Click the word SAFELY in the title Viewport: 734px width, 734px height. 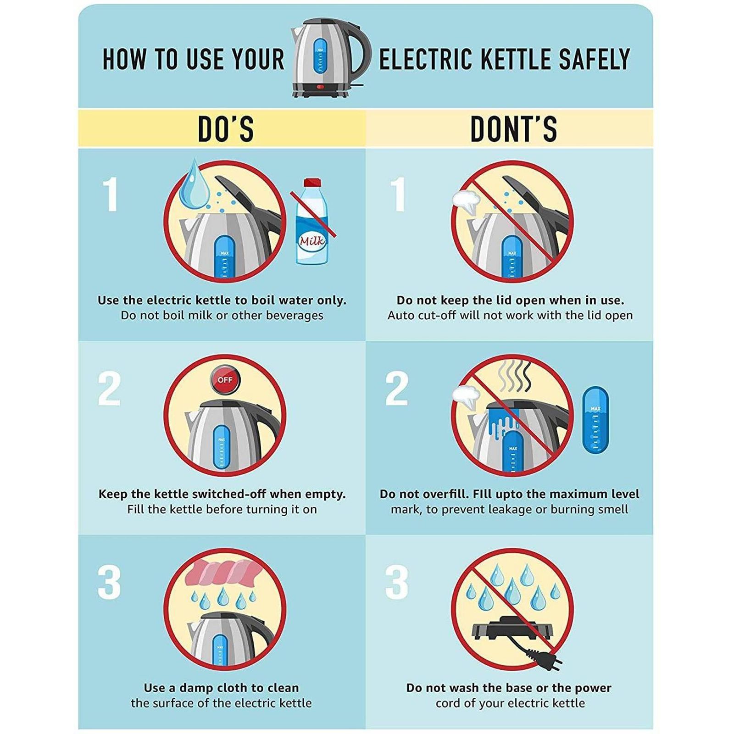coord(594,60)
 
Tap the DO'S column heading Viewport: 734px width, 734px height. coord(226,129)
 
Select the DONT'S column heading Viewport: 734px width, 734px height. coord(514,129)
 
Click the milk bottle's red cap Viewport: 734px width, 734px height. coord(312,183)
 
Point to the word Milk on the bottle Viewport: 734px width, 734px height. coord(312,241)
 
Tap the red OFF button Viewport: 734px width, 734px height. coord(225,380)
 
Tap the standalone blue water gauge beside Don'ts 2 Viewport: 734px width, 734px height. coord(595,421)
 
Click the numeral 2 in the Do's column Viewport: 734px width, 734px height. coord(109,389)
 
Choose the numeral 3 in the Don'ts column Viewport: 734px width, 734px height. coord(396,583)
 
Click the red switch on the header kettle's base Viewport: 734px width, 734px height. coord(320,87)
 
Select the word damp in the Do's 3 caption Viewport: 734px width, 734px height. coord(196,688)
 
